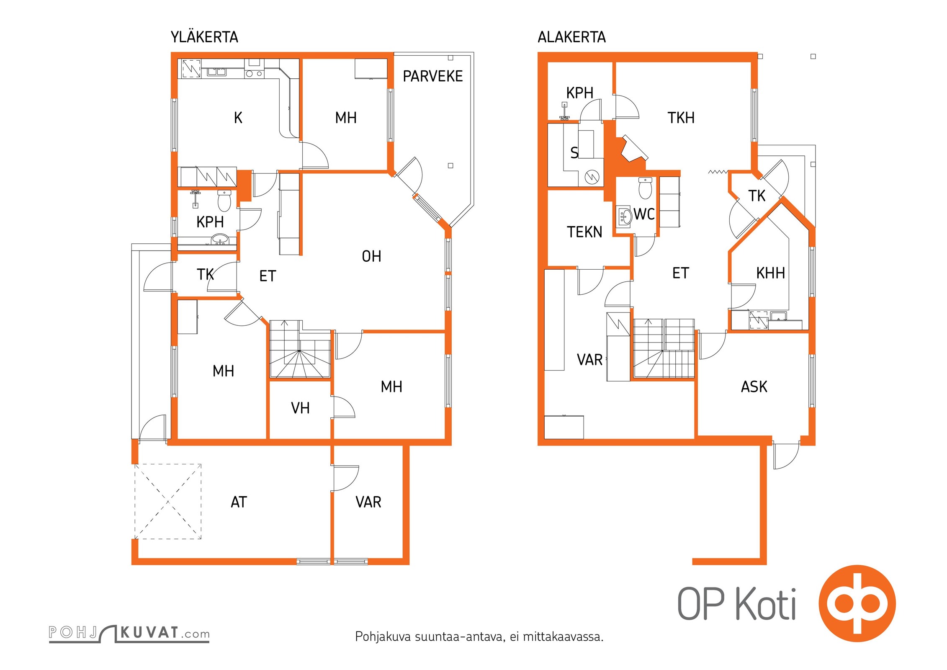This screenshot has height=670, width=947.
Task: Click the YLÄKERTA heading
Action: click(204, 37)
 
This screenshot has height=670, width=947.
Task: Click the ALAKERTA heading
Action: click(571, 37)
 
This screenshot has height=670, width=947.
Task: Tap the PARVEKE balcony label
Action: click(433, 76)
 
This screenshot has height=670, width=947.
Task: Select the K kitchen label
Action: click(238, 118)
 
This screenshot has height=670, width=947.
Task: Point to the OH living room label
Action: click(372, 256)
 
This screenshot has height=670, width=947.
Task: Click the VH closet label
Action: click(300, 408)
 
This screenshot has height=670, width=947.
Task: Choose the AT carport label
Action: click(239, 502)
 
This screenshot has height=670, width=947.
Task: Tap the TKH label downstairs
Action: click(681, 118)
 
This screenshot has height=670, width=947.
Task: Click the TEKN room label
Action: click(584, 232)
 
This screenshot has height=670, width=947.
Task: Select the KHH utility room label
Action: click(770, 273)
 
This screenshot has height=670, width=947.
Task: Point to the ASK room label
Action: click(754, 387)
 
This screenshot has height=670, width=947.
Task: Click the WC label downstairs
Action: click(644, 214)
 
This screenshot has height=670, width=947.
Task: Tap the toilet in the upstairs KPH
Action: click(224, 201)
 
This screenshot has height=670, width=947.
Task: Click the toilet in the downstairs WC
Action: click(645, 188)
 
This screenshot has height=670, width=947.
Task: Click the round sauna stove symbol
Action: click(592, 177)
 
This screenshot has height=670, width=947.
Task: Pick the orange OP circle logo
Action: click(857, 603)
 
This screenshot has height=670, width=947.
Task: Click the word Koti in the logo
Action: click(766, 604)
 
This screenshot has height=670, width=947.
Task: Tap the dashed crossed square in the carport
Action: click(168, 501)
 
